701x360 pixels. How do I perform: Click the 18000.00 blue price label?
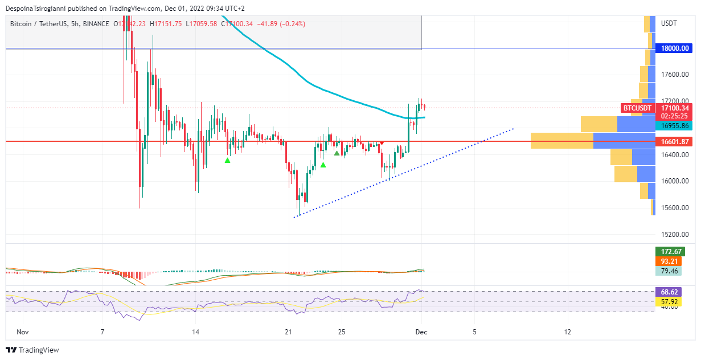(675, 48)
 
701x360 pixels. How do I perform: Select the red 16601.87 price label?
(675, 141)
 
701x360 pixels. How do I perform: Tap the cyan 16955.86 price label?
(675, 126)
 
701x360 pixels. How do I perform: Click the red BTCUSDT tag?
(637, 108)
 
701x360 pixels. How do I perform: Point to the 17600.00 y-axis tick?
(675, 75)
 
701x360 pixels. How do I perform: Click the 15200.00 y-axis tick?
(675, 234)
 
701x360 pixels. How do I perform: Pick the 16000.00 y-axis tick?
(675, 181)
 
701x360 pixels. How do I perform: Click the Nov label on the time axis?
(23, 332)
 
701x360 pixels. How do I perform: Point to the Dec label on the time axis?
(421, 332)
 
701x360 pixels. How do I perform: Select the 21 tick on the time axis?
(288, 332)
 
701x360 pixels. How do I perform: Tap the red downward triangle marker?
(382, 142)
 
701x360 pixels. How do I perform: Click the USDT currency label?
(669, 23)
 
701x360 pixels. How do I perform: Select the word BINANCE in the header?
(94, 24)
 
